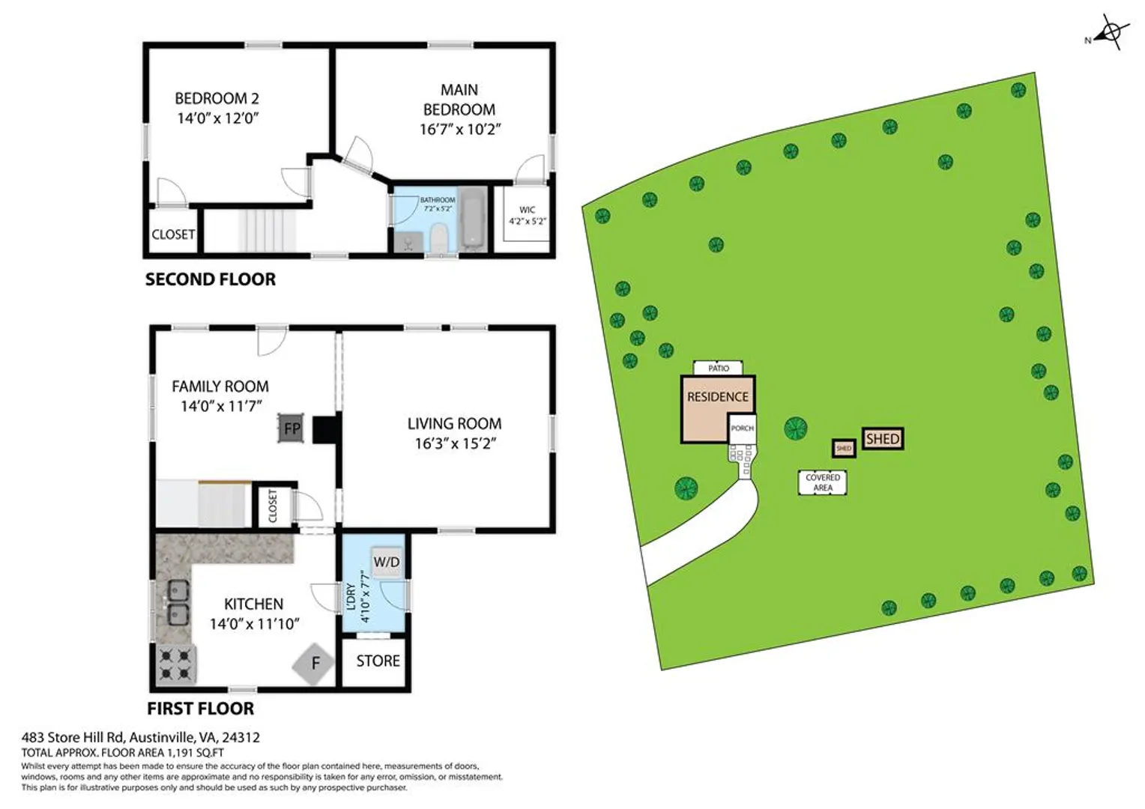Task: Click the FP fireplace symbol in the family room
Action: click(x=291, y=428)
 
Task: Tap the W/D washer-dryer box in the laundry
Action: click(x=387, y=562)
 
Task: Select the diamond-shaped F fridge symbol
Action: click(x=314, y=664)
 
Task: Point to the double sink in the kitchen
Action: click(x=178, y=602)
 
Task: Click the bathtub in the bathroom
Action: click(x=474, y=219)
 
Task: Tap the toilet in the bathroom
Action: click(x=439, y=239)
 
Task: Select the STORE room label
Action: click(x=378, y=661)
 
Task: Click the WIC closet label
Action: click(x=527, y=210)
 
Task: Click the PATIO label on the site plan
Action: click(x=718, y=368)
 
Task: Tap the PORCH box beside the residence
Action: click(x=742, y=428)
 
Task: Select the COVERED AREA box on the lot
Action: click(x=823, y=482)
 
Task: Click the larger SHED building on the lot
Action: click(x=883, y=438)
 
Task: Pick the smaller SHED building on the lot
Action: click(x=844, y=448)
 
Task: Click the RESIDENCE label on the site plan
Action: click(x=718, y=397)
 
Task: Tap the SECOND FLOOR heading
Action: click(x=211, y=279)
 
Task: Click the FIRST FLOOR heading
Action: click(x=200, y=709)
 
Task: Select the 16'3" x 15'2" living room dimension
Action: click(x=456, y=443)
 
